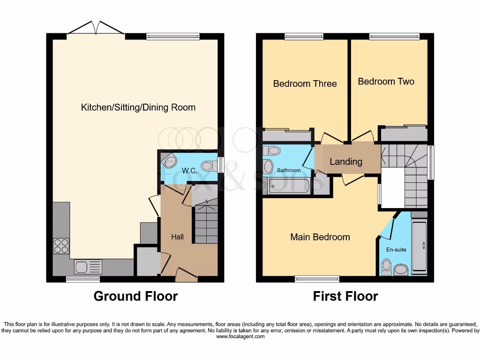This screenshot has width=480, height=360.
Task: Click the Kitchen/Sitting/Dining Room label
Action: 138,107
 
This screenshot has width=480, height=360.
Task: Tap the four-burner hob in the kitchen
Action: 61,246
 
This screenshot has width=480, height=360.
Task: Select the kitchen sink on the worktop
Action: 88,267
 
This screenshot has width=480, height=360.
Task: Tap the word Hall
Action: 177,237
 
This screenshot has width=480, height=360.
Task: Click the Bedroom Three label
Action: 305,84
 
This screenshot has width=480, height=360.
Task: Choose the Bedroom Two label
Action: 386,82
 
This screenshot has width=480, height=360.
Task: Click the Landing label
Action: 346,162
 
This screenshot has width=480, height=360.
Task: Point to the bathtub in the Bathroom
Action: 289,186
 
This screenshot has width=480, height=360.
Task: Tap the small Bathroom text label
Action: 289,170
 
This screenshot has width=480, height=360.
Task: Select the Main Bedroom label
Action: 320,237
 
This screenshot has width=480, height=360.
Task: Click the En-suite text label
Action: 397,250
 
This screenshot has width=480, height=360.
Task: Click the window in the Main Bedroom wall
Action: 317,279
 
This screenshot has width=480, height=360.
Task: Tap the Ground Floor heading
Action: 135,296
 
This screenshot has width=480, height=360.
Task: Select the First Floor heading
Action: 345,296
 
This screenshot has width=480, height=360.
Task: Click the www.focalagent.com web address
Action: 240,337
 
